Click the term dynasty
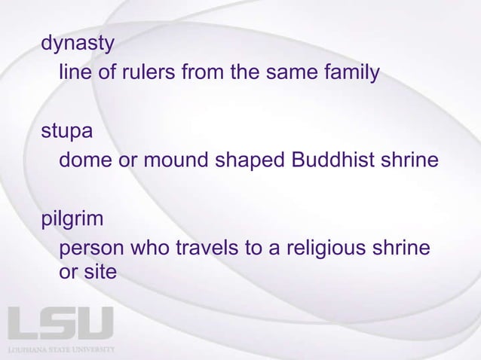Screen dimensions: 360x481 pyautogui.click(x=78, y=45)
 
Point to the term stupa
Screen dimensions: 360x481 pyautogui.click(x=67, y=133)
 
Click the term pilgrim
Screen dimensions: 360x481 pyautogui.click(x=72, y=221)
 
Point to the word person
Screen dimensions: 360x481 pyautogui.click(x=92, y=249)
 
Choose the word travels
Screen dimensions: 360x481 pyautogui.click(x=214, y=249)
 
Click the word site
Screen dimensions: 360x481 pyautogui.click(x=100, y=273)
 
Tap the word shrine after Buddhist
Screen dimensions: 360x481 pyautogui.click(x=405, y=162)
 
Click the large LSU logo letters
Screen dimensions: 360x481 pyautogui.click(x=60, y=324)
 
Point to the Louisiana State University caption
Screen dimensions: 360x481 pyautogui.click(x=60, y=350)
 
